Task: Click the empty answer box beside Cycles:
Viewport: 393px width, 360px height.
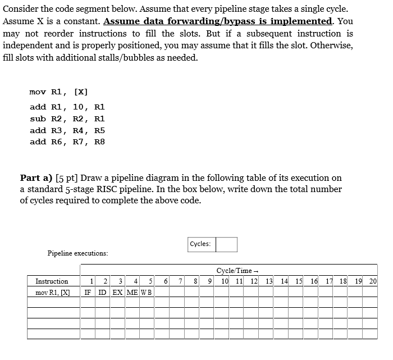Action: tap(226, 244)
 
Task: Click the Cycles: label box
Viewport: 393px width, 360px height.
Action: tap(200, 244)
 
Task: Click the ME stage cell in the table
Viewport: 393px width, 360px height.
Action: tap(132, 292)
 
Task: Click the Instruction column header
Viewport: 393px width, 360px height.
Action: tap(52, 281)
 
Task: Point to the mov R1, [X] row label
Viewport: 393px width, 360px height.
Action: tap(52, 292)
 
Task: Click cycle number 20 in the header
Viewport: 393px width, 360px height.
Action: tap(373, 281)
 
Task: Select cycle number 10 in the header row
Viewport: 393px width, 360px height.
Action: tap(225, 281)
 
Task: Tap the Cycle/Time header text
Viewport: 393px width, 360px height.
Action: tap(234, 270)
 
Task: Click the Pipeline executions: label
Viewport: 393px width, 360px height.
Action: tap(77, 253)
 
